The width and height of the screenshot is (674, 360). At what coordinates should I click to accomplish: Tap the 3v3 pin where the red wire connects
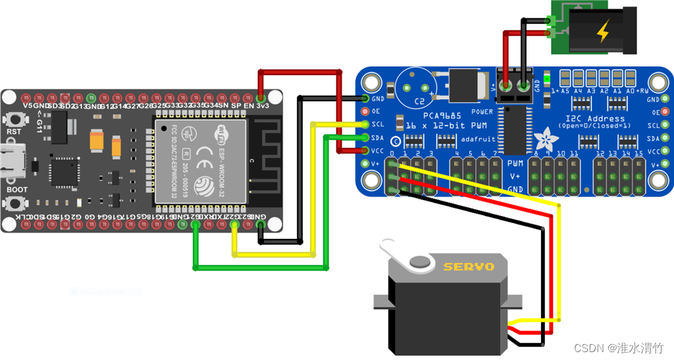262,96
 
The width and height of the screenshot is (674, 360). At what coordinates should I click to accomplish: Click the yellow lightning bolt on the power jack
603,31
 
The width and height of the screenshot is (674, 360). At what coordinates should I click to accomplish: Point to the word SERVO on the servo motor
469,267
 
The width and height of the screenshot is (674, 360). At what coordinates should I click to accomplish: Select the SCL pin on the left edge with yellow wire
365,124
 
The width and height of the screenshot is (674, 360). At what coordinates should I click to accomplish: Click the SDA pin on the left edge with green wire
365,138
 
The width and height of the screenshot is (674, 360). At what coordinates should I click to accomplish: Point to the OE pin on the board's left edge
365,112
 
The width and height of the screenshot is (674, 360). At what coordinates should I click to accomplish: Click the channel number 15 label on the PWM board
638,153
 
